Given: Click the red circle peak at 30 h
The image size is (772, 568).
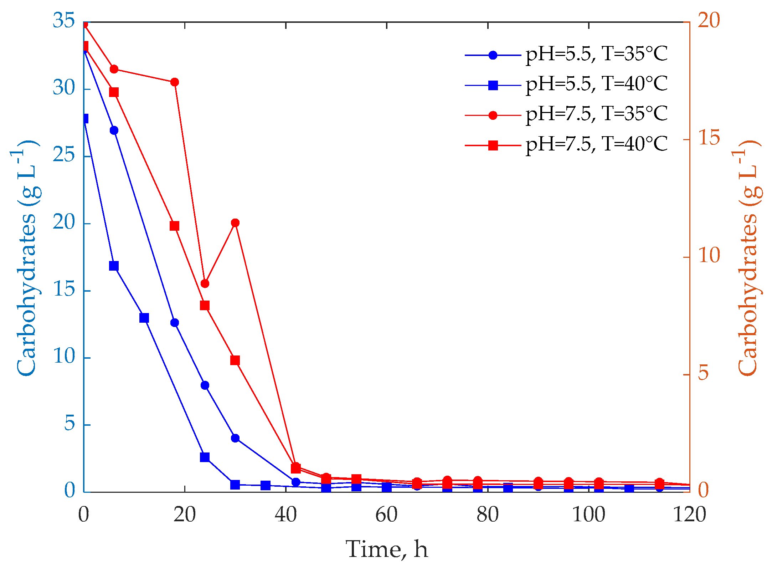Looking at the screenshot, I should coord(235,223).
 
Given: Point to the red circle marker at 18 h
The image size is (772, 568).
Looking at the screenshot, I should coord(174,82).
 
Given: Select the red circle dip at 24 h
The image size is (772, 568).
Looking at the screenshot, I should coord(205,283).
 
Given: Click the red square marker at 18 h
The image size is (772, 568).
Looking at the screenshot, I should coord(174,226).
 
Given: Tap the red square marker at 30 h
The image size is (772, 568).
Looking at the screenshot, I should coord(235,360).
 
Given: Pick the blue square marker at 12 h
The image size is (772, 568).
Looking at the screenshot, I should coord(144,318).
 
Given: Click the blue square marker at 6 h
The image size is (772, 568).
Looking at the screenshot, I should coord(114,266).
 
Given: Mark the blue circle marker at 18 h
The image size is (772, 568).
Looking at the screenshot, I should coord(174,323).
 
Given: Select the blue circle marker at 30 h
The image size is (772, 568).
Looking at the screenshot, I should coord(235,438).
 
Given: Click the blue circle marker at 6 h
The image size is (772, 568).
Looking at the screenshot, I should coord(114,130).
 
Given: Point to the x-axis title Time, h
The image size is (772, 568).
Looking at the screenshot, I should coord(386,549).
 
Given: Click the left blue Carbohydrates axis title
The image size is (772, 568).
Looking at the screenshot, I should coord(27,259).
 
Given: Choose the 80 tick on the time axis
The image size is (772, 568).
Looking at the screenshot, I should coord(487,515).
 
